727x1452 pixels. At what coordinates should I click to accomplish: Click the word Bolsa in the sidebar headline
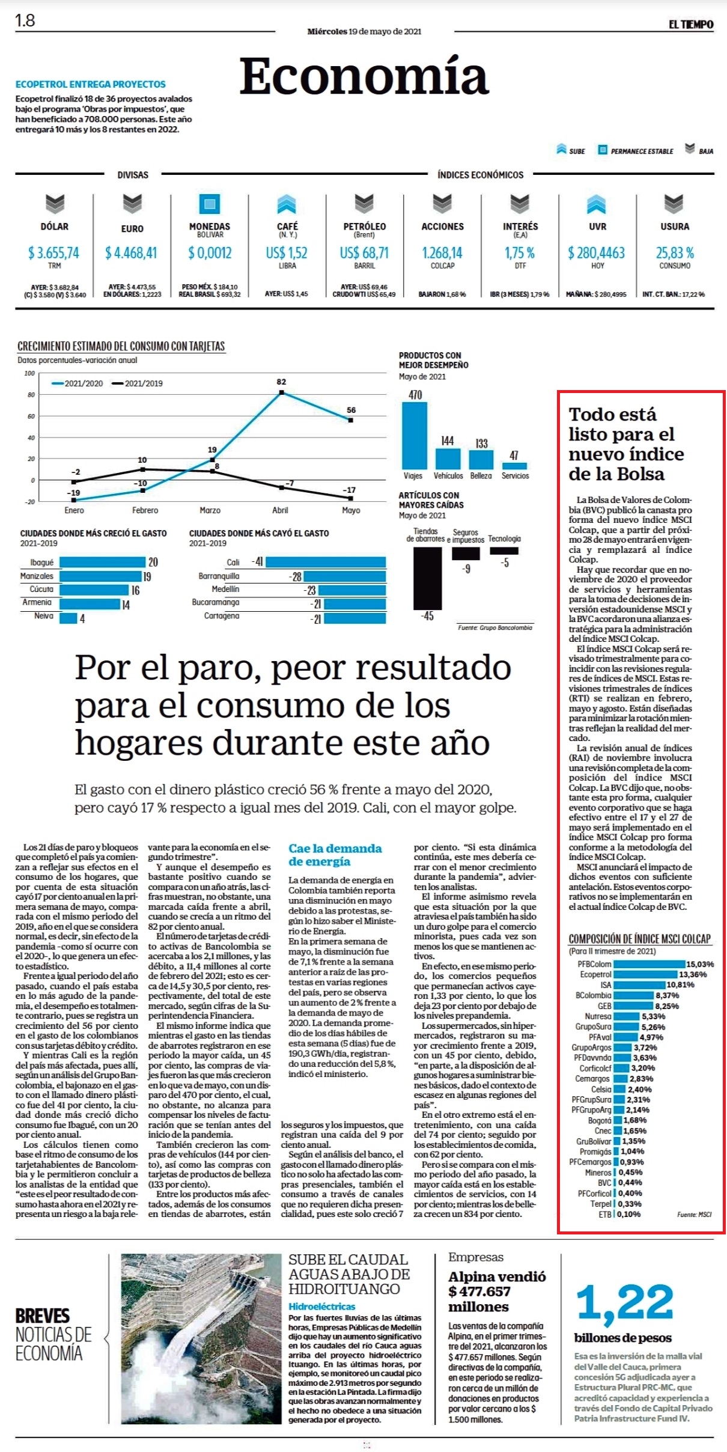click(638, 474)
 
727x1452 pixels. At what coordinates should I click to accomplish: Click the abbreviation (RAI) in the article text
click(580, 758)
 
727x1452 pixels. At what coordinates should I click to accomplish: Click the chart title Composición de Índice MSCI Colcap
click(640, 939)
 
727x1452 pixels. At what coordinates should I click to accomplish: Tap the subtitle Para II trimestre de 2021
click(612, 951)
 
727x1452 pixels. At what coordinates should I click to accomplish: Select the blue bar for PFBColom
click(649, 964)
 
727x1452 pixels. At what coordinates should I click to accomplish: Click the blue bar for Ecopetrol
click(645, 974)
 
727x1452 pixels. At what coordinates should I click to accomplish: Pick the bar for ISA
click(639, 985)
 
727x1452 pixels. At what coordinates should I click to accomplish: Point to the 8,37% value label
click(667, 995)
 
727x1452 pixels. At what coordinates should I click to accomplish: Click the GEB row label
click(604, 1006)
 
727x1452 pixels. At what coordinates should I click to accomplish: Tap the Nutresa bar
click(627, 1016)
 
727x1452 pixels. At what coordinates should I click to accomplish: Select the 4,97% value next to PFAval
click(651, 1037)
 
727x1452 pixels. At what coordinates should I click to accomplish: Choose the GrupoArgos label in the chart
click(591, 1048)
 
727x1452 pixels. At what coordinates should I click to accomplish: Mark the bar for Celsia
click(619, 1090)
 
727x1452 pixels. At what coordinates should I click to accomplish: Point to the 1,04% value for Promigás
click(632, 1152)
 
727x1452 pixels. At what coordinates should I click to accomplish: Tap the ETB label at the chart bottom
click(604, 1214)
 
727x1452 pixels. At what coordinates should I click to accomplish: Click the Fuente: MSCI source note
click(694, 1214)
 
